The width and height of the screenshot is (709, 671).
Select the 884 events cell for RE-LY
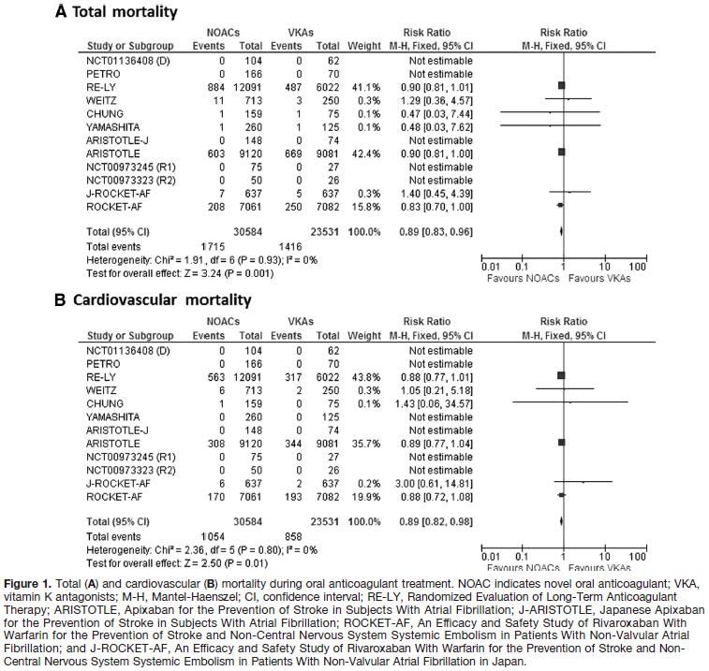(211, 85)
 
